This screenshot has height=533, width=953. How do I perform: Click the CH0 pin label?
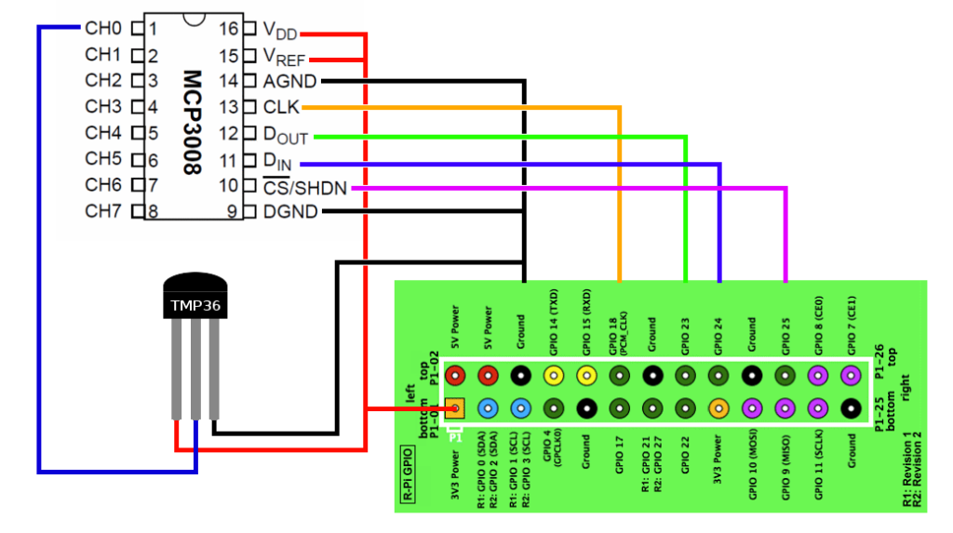102,28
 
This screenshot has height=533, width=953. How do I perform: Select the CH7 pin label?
102,211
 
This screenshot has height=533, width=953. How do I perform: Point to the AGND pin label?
289,82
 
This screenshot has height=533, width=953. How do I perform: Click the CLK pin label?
281,108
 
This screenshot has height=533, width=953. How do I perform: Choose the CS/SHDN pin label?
304,188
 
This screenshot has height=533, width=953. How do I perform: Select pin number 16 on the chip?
229,29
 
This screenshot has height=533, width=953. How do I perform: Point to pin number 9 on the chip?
233,212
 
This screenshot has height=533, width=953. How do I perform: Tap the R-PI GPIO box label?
408,476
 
